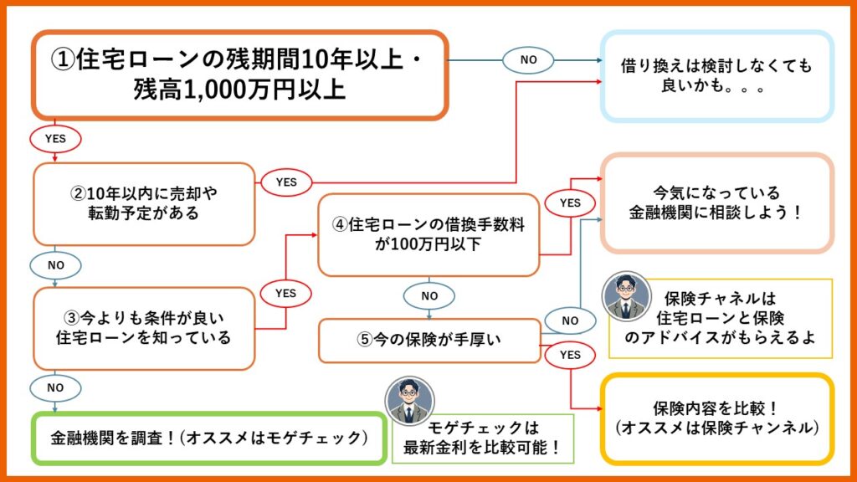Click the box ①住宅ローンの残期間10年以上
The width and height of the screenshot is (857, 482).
(240, 74)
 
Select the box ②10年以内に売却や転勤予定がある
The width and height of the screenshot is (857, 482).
(144, 204)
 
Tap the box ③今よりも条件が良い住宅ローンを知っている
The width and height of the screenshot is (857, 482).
(144, 328)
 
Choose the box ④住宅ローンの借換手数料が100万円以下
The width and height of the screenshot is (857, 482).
(428, 234)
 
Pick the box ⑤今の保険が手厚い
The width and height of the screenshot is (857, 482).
(429, 341)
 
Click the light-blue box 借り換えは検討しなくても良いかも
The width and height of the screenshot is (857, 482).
(717, 76)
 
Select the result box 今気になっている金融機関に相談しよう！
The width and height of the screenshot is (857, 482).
(717, 203)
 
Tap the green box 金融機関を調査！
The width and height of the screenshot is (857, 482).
(208, 438)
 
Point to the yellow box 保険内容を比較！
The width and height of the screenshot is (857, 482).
(717, 418)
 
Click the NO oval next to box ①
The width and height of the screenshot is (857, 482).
(528, 59)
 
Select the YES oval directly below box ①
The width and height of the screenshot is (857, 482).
(55, 139)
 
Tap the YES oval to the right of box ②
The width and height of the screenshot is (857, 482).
(286, 182)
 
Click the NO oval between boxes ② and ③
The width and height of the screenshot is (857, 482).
(55, 265)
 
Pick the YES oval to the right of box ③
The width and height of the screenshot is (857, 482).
(286, 294)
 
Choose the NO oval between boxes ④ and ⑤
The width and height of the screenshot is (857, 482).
(429, 295)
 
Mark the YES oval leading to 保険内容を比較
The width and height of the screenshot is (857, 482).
(570, 355)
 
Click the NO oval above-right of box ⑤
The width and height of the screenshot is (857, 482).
(570, 320)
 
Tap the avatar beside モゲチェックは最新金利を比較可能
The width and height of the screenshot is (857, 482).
(410, 401)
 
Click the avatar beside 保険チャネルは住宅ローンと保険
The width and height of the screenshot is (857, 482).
(626, 297)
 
